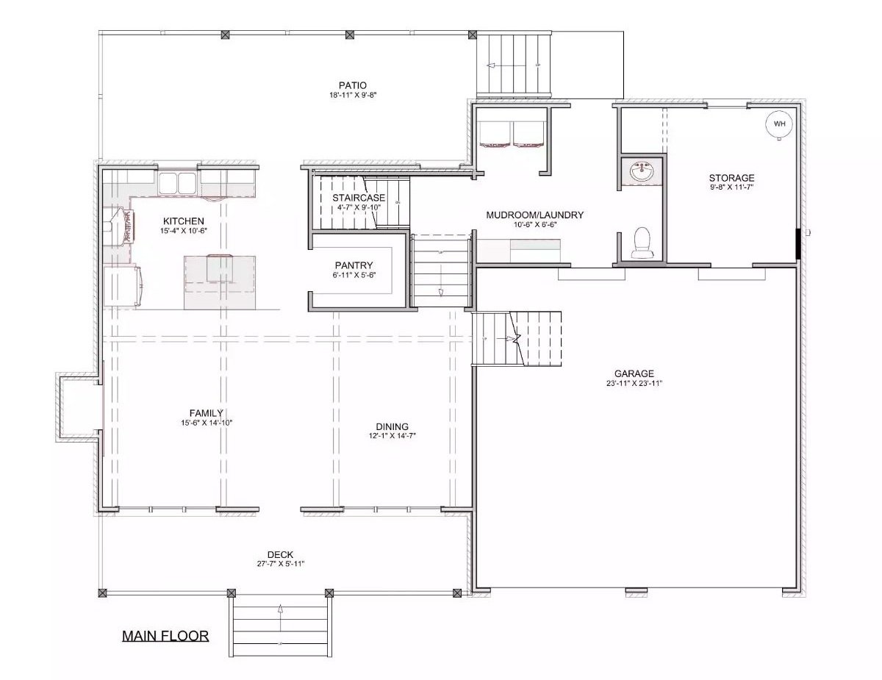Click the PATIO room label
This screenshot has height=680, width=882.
pos(353,85)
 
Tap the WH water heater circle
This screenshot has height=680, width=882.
pos(779,124)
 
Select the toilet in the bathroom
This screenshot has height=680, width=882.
pos(642,243)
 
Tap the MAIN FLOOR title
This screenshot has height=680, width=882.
pos(165,636)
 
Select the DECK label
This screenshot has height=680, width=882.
pos(280,554)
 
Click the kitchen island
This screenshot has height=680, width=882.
pos(218,282)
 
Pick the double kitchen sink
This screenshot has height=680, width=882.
pos(177,182)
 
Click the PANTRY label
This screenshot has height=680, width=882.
pos(354,265)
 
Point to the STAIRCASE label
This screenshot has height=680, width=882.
pos(359,198)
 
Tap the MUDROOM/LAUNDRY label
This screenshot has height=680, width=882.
pos(534,215)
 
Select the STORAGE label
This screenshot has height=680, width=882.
pos(731,178)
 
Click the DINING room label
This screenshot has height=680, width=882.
pos(392,426)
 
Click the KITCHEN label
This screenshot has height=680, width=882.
pos(184,221)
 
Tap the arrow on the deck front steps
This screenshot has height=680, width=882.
pos(280,609)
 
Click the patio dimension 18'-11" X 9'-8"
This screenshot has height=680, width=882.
pos(353,96)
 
